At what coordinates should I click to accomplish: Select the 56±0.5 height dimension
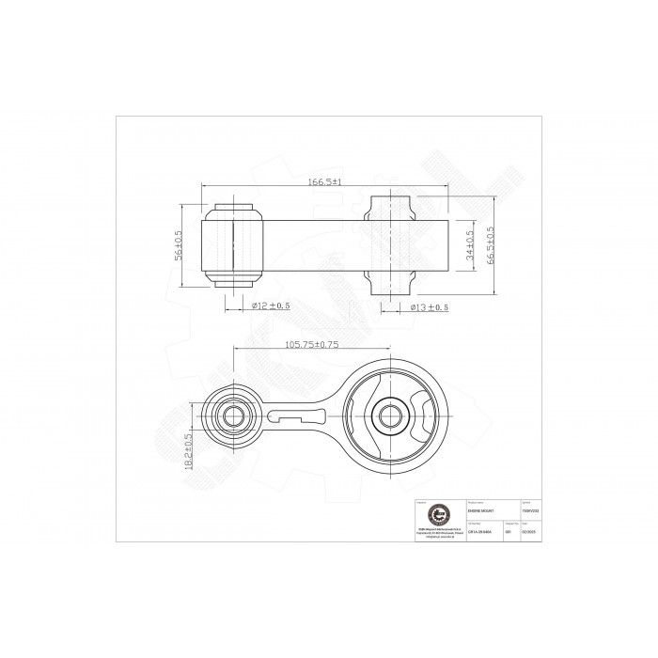180,246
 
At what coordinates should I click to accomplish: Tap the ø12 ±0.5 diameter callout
271,305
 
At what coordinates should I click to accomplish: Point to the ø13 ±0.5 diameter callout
430,306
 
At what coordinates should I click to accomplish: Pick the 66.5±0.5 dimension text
491,246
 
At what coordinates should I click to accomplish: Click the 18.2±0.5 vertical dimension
189,451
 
